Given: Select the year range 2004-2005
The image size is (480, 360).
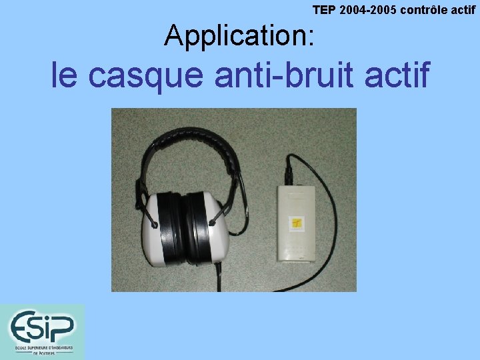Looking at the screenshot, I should tap(365, 11).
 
